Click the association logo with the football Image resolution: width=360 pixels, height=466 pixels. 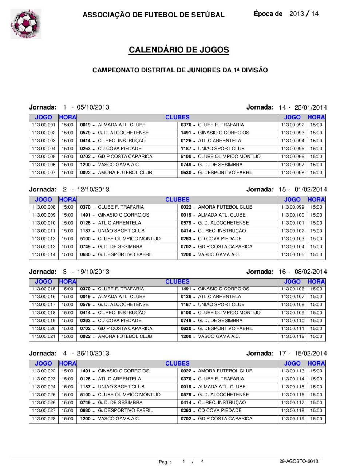pyautogui.click(x=26, y=24)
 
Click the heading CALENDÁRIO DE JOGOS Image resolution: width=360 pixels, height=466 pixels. pyautogui.click(x=179, y=50)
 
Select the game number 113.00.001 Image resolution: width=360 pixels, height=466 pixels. pyautogui.click(x=44, y=125)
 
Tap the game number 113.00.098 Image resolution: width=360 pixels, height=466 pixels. pyautogui.click(x=293, y=173)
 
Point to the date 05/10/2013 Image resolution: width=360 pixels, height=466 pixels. pyautogui.click(x=93, y=107)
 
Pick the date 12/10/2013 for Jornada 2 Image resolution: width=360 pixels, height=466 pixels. pyautogui.click(x=93, y=190)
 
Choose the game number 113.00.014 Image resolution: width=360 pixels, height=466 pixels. pyautogui.click(x=44, y=254)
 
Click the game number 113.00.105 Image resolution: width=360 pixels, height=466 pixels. pyautogui.click(x=293, y=254)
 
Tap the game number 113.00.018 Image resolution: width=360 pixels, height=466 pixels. pyautogui.click(x=44, y=313)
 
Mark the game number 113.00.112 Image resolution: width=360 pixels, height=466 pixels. pyautogui.click(x=293, y=336)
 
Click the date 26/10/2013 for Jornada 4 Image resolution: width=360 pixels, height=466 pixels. pyautogui.click(x=93, y=354)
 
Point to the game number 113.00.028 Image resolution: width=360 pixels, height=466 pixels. pyautogui.click(x=44, y=419)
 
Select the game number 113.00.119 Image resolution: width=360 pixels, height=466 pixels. pyautogui.click(x=293, y=419)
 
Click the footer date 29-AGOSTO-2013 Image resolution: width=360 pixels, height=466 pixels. pyautogui.click(x=298, y=461)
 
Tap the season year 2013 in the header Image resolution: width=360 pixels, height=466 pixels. pyautogui.click(x=296, y=14)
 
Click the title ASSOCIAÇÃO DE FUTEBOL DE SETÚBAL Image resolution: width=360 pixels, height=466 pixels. pyautogui.click(x=153, y=15)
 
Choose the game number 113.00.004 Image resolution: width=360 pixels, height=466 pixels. pyautogui.click(x=44, y=149)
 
